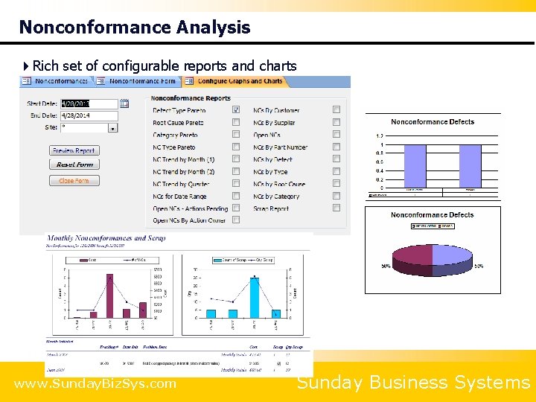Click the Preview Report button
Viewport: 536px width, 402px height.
[74, 150]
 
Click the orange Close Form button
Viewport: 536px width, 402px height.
[74, 181]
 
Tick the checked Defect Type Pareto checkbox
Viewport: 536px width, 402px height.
[236, 110]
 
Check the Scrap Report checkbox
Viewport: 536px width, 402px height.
[336, 209]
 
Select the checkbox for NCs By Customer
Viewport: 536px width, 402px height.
[336, 110]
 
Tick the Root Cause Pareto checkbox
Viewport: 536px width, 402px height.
[236, 123]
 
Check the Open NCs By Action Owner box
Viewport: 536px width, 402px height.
[236, 220]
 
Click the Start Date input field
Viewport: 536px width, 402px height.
[88, 104]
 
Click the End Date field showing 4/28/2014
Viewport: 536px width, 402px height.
[88, 116]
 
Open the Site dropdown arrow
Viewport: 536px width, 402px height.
[113, 128]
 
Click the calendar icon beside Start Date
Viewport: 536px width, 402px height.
[124, 103]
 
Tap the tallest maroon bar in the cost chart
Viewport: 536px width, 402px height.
[109, 296]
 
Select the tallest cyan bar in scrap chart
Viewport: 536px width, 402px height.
[255, 298]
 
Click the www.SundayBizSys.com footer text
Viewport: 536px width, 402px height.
[95, 384]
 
